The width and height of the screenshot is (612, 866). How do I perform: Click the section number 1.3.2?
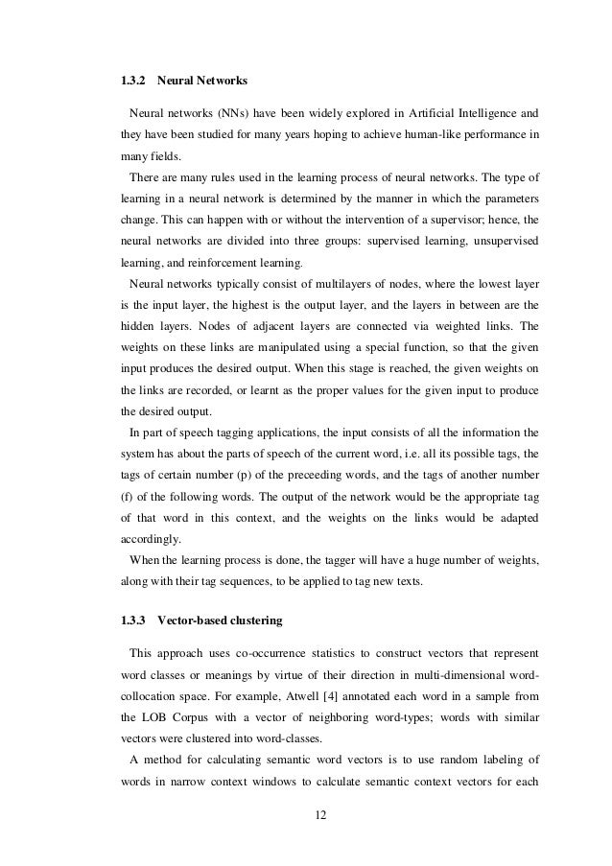coord(130,79)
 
